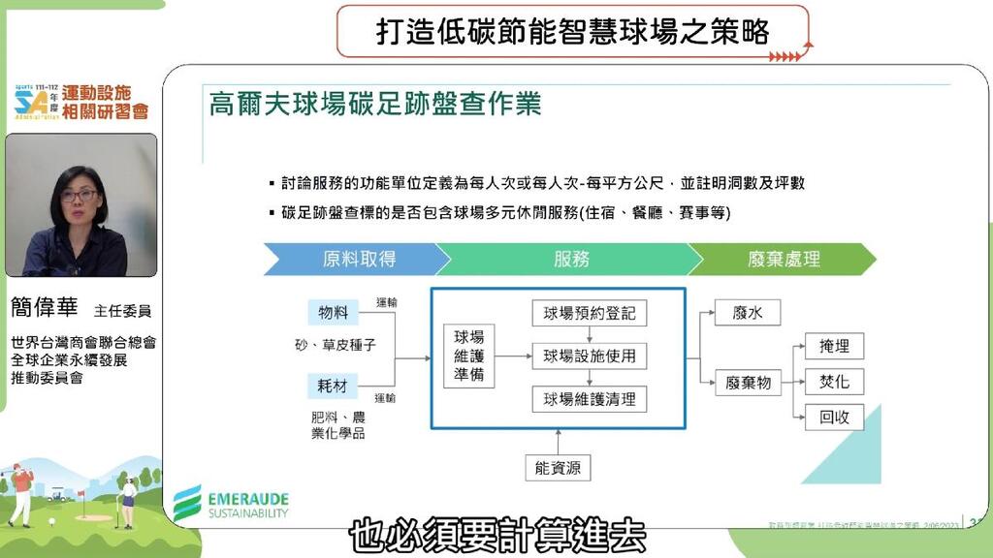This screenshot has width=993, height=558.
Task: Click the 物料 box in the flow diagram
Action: pos(333,312)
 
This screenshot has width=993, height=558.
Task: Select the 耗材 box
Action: pos(333,386)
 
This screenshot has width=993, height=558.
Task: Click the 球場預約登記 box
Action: pos(589,313)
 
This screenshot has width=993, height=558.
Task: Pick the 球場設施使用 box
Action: pos(589,356)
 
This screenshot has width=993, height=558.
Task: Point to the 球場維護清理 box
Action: pos(589,398)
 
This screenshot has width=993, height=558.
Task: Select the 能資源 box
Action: pos(558,468)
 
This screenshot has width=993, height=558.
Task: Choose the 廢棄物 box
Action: pos(748,383)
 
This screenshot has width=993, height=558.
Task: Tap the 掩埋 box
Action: pos(834,346)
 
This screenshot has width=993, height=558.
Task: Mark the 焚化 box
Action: pos(834,382)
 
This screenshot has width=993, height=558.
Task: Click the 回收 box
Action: pos(834,418)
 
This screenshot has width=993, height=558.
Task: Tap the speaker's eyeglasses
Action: pos(79,196)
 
